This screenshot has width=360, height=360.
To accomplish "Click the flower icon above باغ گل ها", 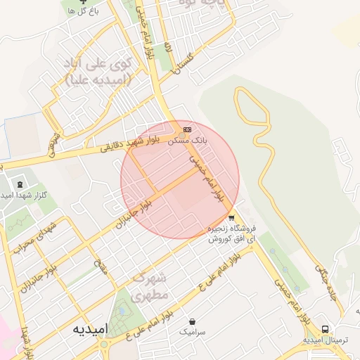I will click(82, 2).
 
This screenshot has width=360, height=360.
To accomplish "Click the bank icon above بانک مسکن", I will click(186, 130).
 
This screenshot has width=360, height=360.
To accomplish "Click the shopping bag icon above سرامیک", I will click(192, 321).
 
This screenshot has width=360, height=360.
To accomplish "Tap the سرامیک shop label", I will click(192, 330).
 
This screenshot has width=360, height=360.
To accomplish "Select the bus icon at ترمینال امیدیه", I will click(325, 329).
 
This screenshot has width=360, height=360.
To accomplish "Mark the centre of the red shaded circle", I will click(180, 180).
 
